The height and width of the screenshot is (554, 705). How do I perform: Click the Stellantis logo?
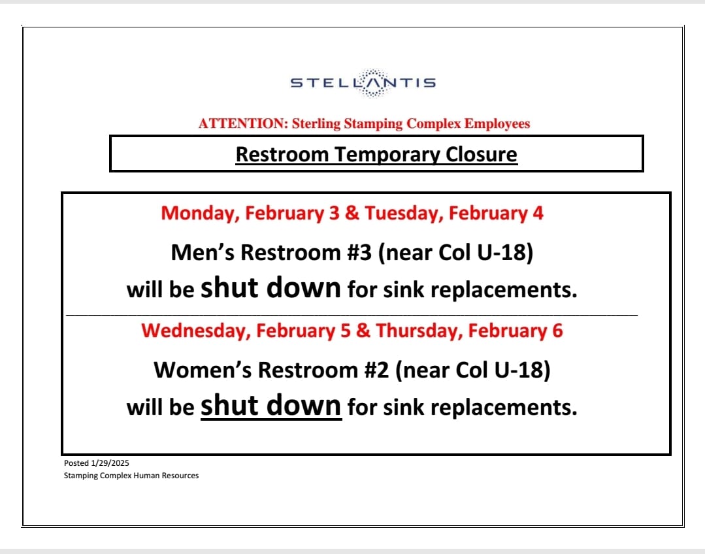(x=363, y=83)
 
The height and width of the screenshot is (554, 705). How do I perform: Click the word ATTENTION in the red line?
(x=243, y=123)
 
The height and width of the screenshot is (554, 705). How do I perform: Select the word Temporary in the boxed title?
(x=387, y=155)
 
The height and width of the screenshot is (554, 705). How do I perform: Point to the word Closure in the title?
(x=481, y=154)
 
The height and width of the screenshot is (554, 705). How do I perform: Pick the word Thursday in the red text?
(x=420, y=331)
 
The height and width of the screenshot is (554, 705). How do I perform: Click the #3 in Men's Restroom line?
(x=359, y=252)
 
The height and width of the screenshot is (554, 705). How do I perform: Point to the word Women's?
(x=203, y=370)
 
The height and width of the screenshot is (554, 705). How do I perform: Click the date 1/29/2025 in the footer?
(x=110, y=463)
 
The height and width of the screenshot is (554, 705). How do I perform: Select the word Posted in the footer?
(x=76, y=463)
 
